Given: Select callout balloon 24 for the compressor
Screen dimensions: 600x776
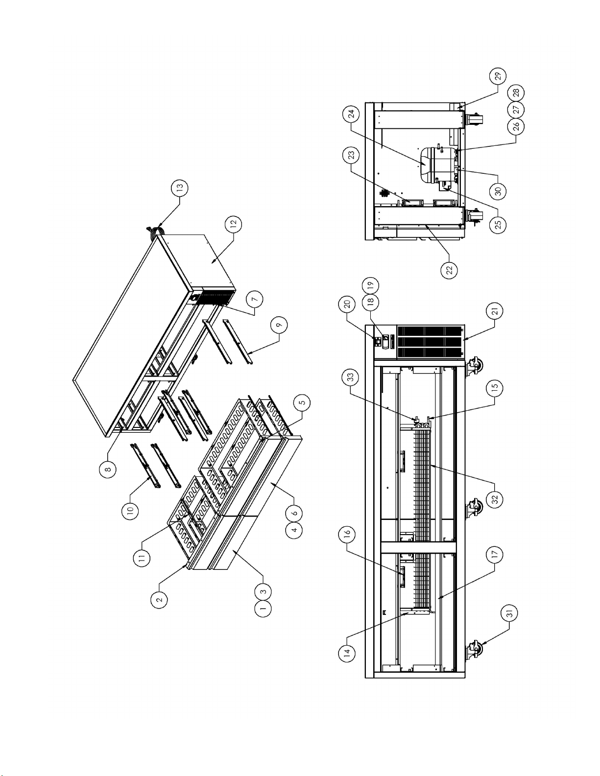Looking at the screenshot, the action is click(x=351, y=114).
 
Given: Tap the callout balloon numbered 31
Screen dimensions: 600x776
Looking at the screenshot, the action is click(x=510, y=613).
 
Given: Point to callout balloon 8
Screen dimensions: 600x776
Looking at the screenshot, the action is click(x=108, y=469).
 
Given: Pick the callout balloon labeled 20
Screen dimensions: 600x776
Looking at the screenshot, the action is click(x=347, y=304).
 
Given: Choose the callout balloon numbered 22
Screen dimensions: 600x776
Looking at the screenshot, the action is click(x=449, y=270).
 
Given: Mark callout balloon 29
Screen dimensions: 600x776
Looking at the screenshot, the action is click(x=498, y=76).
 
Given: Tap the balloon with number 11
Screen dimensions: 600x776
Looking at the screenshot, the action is click(x=142, y=558).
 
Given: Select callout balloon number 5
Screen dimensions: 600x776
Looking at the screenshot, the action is click(x=302, y=402).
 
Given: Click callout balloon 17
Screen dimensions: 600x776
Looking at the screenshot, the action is click(x=495, y=554).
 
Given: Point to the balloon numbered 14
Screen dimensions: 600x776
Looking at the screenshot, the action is click(x=347, y=653).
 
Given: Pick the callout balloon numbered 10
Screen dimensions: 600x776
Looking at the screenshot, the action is click(x=131, y=511).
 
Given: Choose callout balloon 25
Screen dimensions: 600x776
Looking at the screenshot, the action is click(x=498, y=224).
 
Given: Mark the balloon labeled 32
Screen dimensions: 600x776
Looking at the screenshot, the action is click(x=495, y=498).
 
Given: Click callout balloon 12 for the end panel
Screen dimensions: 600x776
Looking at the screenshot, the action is click(x=233, y=224).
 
